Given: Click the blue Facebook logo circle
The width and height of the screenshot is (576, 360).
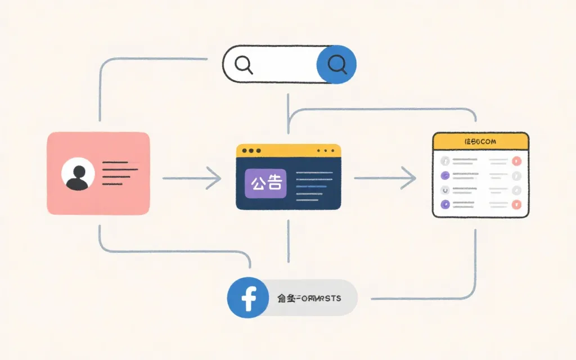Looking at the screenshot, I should (x=247, y=298).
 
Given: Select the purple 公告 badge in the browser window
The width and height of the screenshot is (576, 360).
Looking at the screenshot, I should (x=266, y=184).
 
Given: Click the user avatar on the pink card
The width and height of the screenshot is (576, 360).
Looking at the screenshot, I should (x=79, y=174).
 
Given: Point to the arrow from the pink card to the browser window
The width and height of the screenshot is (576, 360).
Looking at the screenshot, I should (x=191, y=178).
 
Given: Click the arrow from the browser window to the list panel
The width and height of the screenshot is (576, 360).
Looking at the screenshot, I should (x=385, y=178).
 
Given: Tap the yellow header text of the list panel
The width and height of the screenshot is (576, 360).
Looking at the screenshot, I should (x=480, y=142).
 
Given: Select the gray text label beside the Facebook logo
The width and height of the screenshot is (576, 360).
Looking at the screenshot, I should (x=309, y=298).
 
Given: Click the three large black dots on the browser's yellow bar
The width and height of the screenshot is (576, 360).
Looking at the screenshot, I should (x=251, y=151).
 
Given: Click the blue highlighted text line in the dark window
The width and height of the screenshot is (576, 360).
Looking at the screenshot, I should (x=310, y=186).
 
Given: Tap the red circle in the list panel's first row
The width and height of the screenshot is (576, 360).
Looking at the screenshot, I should (x=517, y=161).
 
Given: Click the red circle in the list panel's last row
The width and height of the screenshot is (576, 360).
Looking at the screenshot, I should (x=517, y=204).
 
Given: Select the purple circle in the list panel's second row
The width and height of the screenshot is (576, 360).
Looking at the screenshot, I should (x=445, y=175).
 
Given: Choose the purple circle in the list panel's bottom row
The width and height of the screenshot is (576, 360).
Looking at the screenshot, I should (x=445, y=204).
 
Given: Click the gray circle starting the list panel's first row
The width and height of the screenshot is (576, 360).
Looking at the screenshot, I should (x=445, y=161).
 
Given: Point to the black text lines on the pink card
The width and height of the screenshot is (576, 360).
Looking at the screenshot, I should (x=120, y=173).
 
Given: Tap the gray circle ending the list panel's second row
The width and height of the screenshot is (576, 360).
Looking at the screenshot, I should (x=517, y=175).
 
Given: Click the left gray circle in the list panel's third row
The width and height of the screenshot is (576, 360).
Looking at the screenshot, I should (x=445, y=190).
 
